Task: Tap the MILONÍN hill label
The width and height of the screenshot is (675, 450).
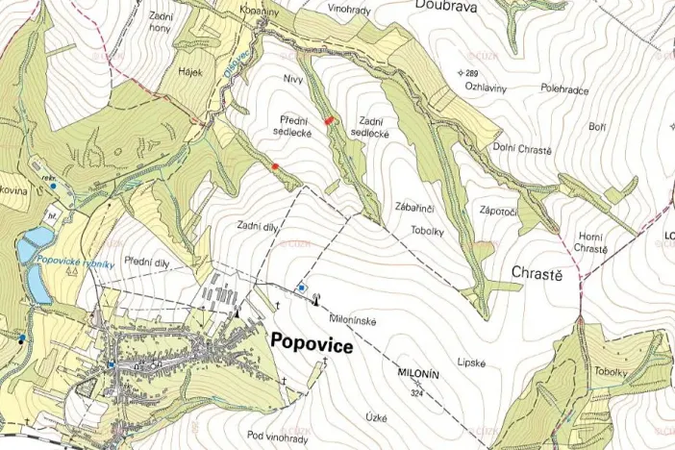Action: (417, 376)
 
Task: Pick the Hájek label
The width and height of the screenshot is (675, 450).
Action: (189, 71)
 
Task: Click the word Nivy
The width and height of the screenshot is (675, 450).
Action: (293, 78)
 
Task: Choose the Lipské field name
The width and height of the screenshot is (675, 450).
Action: (473, 362)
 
